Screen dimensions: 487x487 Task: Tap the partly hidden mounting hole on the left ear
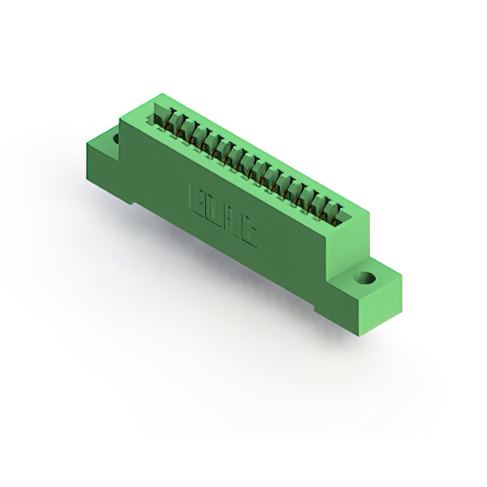(x=116, y=140)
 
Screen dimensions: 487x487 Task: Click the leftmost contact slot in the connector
(x=162, y=116)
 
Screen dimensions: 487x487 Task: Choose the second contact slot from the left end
(x=174, y=123)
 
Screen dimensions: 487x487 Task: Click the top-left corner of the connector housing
(x=158, y=95)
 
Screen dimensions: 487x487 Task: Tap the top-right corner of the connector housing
(x=368, y=215)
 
